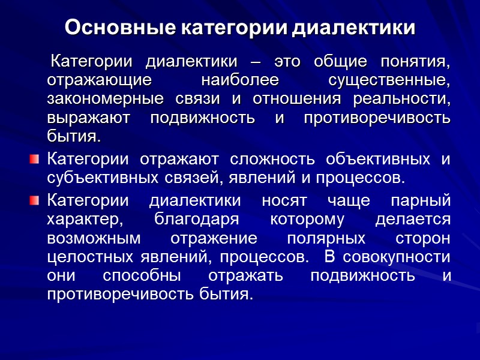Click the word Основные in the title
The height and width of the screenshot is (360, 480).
[x=106, y=28]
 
